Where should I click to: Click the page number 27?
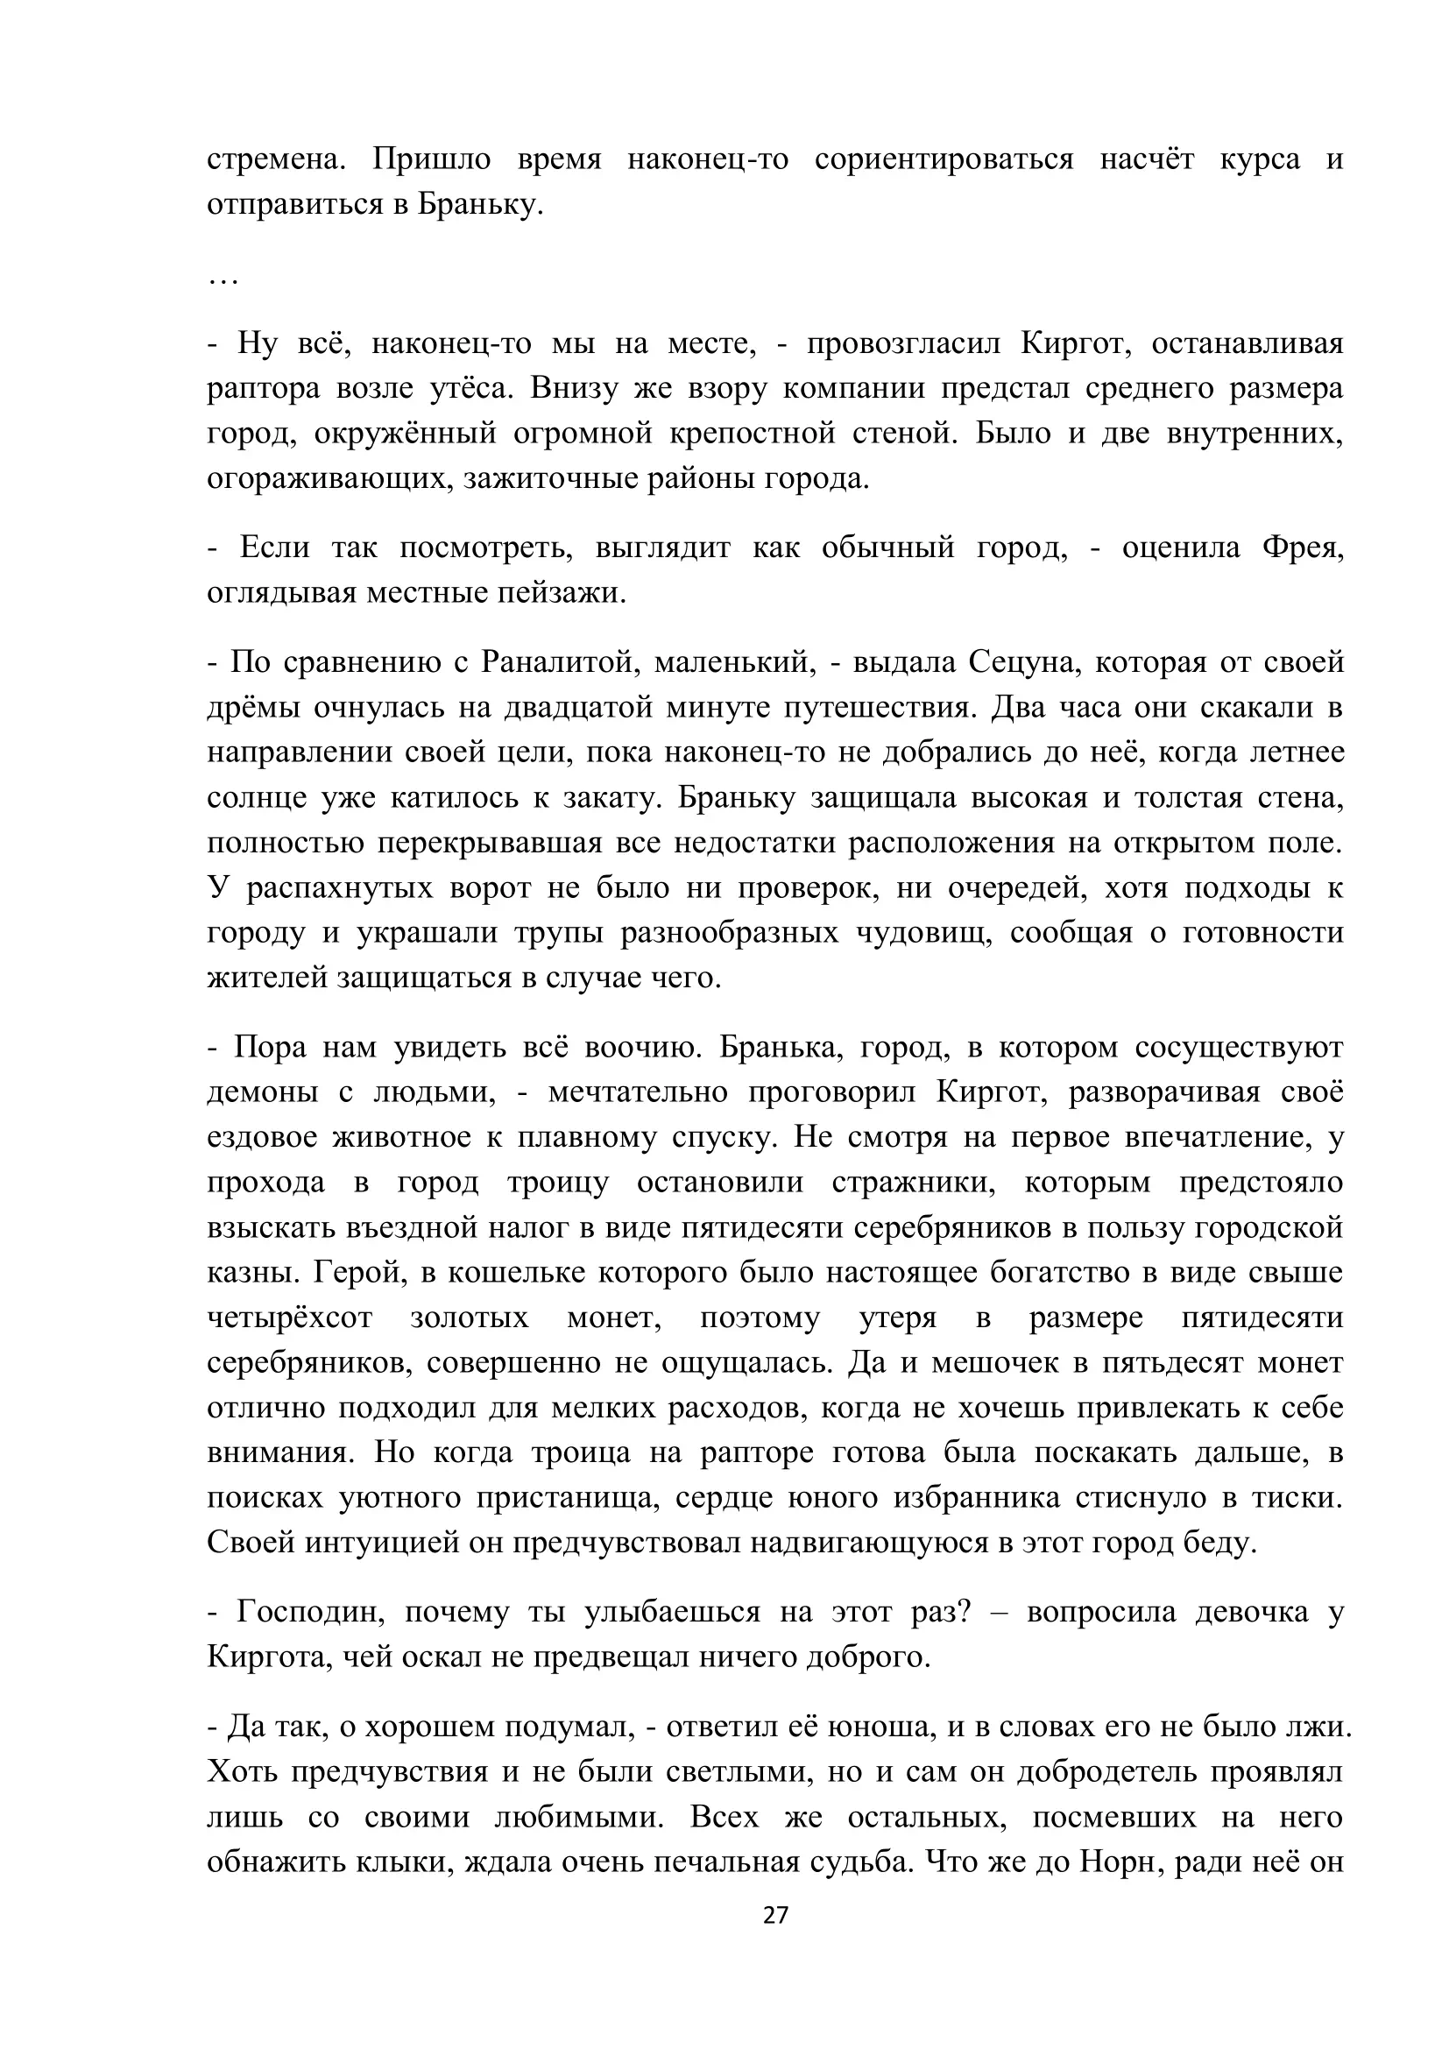pos(775,1939)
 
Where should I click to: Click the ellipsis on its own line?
pos(223,282)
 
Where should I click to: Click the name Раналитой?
pos(557,662)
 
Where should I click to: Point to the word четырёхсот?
pos(289,1319)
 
